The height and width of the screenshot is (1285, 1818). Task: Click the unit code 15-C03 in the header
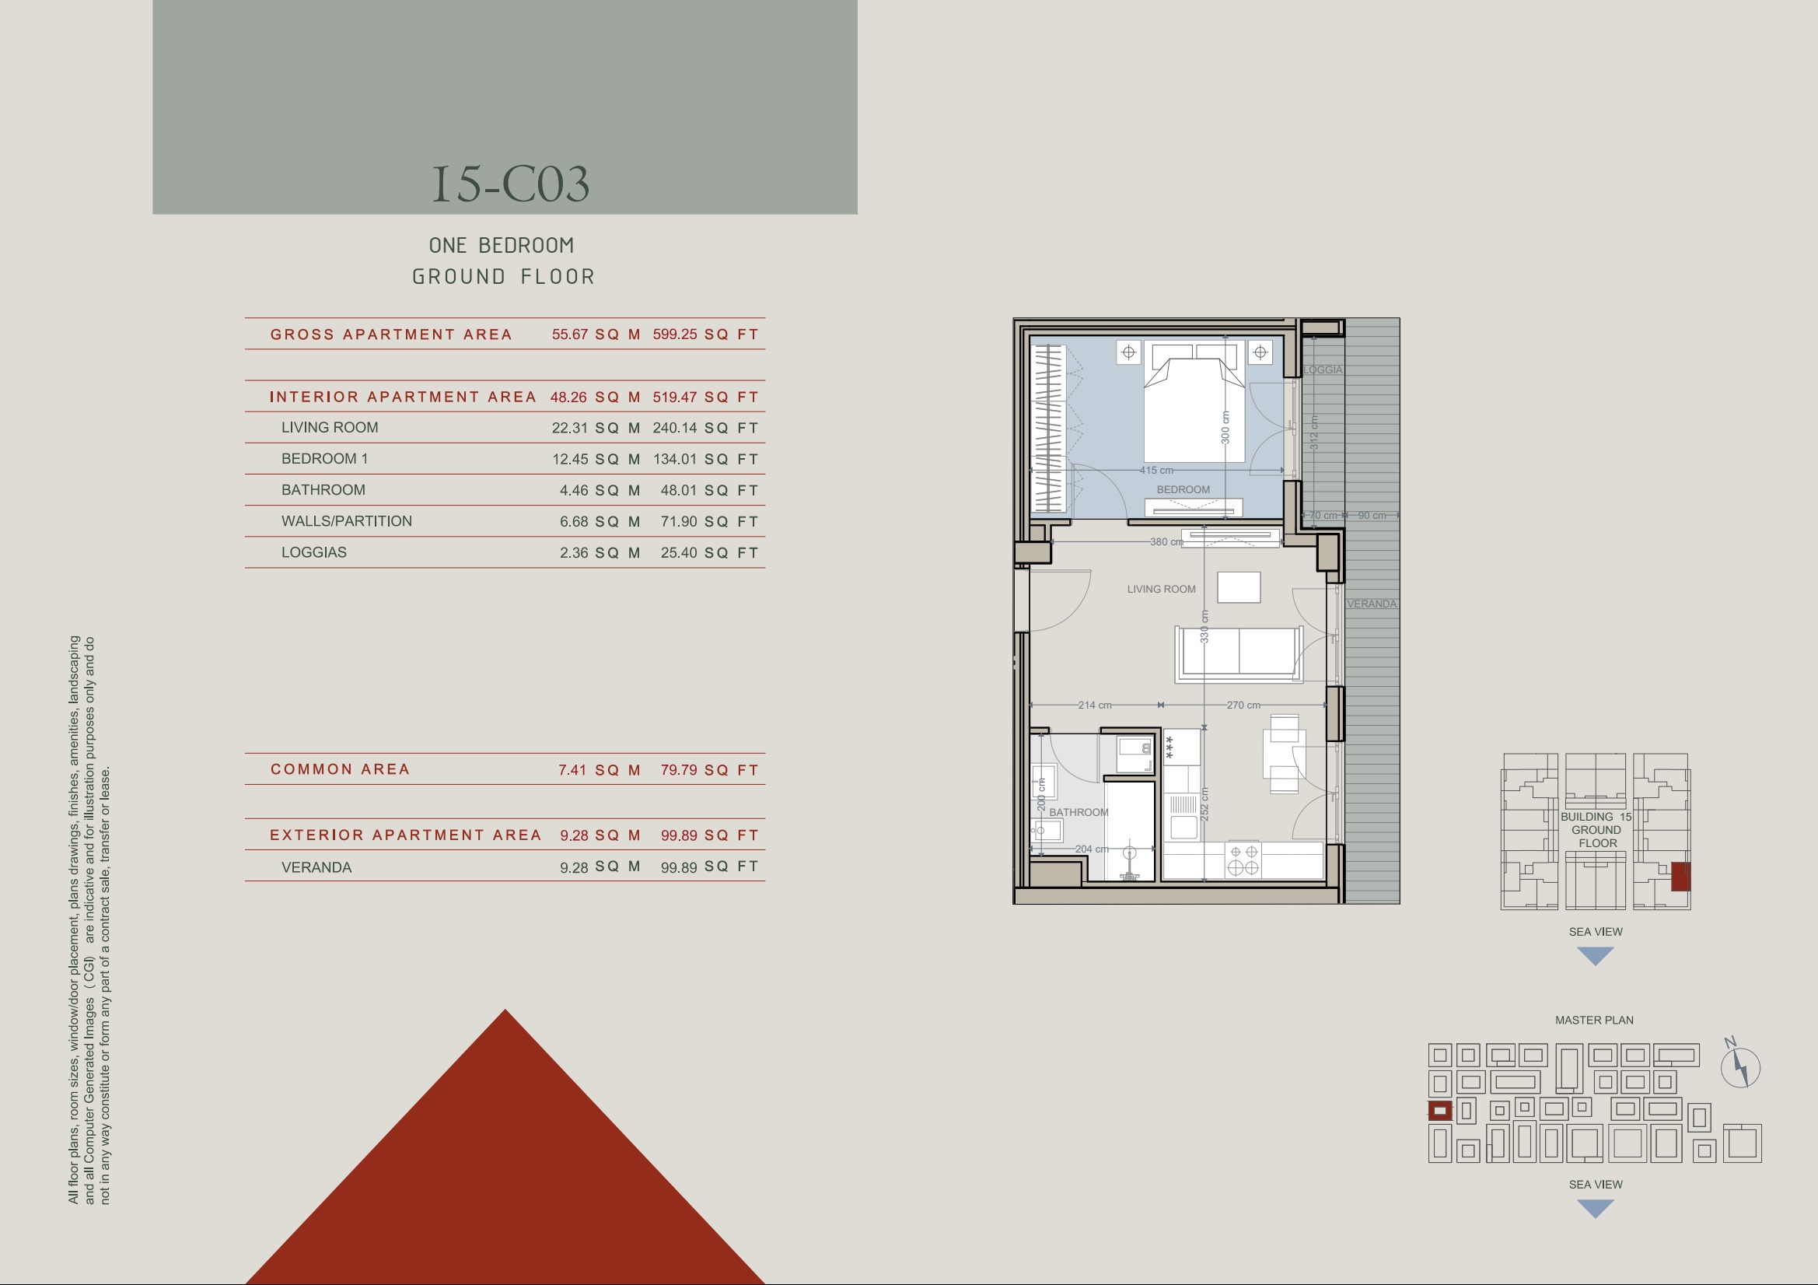tap(511, 184)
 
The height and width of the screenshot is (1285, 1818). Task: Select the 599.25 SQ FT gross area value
tap(705, 334)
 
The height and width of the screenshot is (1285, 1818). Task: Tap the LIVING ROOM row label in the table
tap(330, 428)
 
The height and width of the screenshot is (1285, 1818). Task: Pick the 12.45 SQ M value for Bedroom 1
tap(596, 460)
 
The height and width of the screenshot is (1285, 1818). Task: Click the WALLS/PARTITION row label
tap(347, 521)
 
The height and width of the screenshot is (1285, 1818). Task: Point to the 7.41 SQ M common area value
tap(600, 770)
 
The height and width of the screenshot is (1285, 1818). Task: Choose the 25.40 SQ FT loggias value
tap(709, 553)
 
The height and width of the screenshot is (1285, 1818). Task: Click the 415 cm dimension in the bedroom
tap(1156, 471)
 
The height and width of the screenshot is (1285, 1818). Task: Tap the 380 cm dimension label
tap(1166, 542)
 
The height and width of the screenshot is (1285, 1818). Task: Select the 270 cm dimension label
tap(1243, 705)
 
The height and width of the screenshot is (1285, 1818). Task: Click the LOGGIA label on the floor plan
tap(1323, 370)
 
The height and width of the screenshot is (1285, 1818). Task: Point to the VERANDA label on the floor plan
tap(1372, 604)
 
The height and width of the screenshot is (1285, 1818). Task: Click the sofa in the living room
tap(1239, 653)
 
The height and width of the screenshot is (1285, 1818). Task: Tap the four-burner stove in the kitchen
tap(1243, 860)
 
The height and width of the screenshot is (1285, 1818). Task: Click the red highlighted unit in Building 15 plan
tap(1680, 877)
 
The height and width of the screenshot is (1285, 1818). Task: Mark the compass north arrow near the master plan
tap(1740, 1066)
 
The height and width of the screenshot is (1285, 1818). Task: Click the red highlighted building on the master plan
tap(1440, 1111)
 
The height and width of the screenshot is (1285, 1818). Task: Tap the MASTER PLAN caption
tap(1594, 1021)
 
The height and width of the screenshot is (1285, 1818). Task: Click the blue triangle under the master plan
tap(1596, 1207)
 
